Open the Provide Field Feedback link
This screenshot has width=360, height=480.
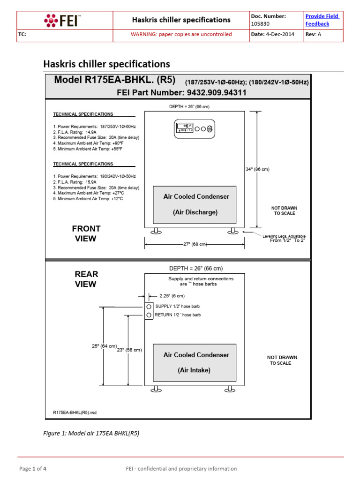(x=322, y=20)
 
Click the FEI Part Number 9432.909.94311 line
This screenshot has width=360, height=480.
(x=181, y=93)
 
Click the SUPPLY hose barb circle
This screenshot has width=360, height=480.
(x=149, y=306)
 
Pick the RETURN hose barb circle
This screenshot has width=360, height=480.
(x=149, y=315)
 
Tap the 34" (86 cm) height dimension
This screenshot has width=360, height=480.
(x=257, y=169)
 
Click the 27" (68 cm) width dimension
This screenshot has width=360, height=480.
(x=194, y=244)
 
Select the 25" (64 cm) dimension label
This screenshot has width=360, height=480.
(x=104, y=346)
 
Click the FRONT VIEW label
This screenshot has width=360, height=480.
(x=86, y=233)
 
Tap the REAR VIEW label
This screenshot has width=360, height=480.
(x=86, y=279)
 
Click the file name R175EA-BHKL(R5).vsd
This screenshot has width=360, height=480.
(x=75, y=412)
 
